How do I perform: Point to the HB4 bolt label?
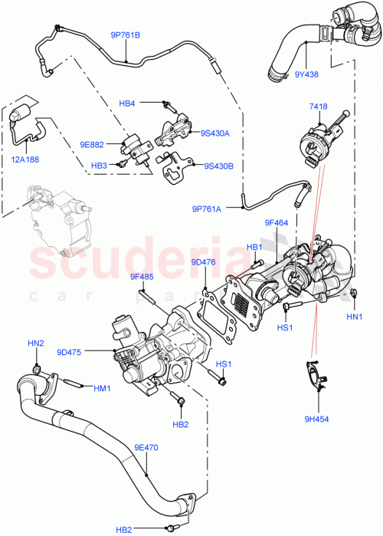point(127,104)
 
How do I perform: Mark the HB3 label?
point(99,165)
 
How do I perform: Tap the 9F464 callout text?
point(277,223)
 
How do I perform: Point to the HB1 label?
point(254,247)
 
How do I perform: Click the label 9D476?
point(203,261)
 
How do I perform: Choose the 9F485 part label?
point(142,278)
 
